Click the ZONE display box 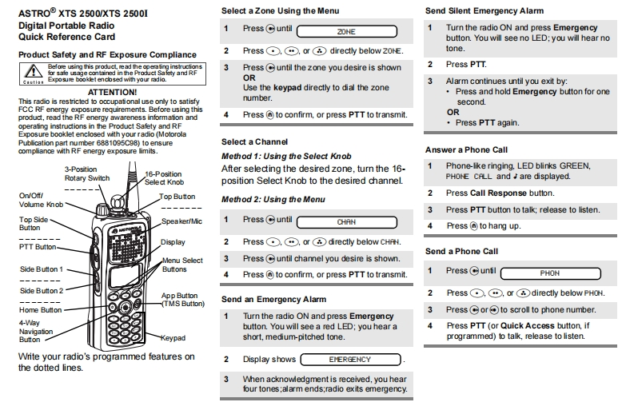tap(346, 31)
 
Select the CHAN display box tap(346, 221)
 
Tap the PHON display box tap(549, 273)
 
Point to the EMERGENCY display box tap(351, 360)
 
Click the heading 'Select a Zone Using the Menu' tap(280, 10)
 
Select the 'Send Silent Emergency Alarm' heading tap(484, 10)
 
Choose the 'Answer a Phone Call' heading tap(466, 149)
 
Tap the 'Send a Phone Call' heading tap(461, 251)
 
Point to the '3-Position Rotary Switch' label tap(87, 173)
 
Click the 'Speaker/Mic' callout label tap(181, 221)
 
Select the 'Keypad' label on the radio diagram tap(173, 338)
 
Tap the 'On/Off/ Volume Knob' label tap(41, 200)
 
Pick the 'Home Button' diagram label tap(41, 310)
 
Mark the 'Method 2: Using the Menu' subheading tap(273, 199)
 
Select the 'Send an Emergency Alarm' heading tap(273, 299)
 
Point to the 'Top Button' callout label tap(177, 196)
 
